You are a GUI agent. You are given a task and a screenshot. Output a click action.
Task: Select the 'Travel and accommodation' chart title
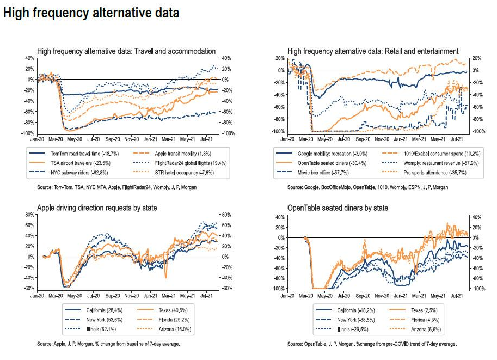pyautogui.click(x=126, y=51)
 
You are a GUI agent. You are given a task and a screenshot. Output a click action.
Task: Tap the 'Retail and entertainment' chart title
pyautogui.click(x=373, y=51)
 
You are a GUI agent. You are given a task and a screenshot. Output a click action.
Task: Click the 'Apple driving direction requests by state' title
pyautogui.click(x=98, y=208)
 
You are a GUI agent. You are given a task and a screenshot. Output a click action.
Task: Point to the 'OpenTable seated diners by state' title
pyautogui.click(x=338, y=208)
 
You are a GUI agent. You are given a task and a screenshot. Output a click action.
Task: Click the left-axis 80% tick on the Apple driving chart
pyautogui.click(x=29, y=215)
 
